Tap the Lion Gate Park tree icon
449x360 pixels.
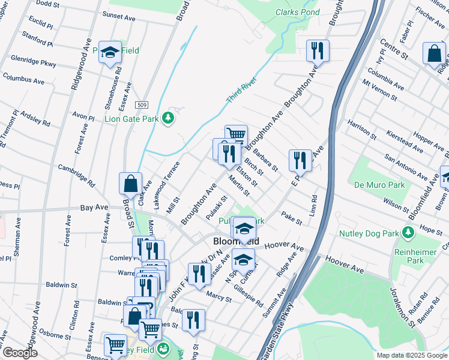[169, 118]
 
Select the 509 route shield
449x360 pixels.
[142, 105]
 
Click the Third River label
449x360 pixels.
[242, 89]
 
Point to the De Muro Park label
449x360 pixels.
[377, 184]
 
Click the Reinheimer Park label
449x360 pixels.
[415, 254]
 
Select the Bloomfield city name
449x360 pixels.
[237, 241]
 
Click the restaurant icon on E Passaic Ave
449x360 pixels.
[300, 160]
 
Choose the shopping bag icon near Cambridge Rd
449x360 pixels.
[130, 184]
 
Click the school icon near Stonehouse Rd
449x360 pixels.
[110, 52]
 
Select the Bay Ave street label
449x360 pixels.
[94, 208]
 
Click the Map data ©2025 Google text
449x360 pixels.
[412, 355]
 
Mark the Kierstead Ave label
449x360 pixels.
[407, 139]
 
